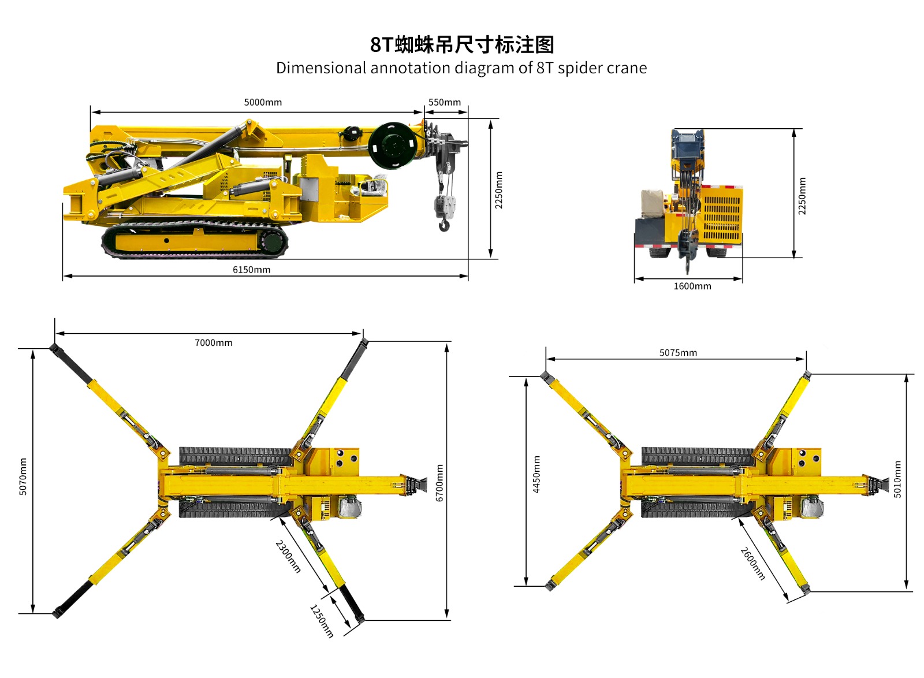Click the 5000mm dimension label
[263, 102]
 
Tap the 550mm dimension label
[444, 102]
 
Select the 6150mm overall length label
[252, 270]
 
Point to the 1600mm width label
[692, 286]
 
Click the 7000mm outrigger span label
[214, 342]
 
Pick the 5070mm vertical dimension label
[23, 476]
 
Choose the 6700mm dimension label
[439, 483]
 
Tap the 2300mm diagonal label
[288, 556]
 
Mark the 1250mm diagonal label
[322, 621]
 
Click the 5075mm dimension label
[678, 353]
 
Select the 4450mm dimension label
[536, 474]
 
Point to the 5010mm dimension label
[897, 479]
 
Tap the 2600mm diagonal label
[752, 563]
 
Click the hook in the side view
[444, 226]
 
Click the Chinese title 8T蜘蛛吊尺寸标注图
[461, 44]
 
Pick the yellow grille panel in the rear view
[722, 214]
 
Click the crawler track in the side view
[195, 240]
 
